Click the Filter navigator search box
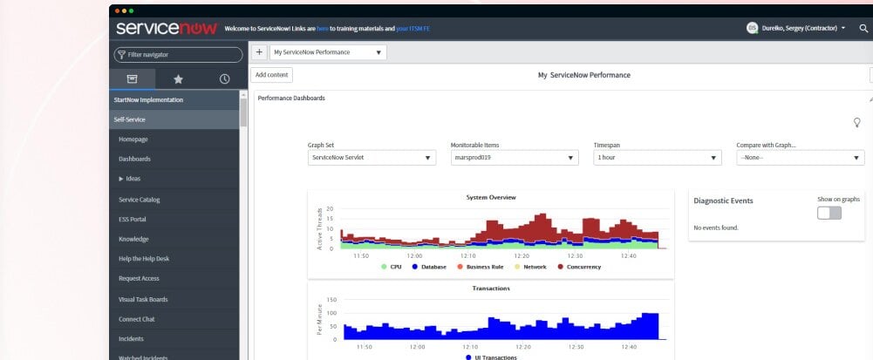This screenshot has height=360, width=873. [x=178, y=54]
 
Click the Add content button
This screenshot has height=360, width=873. [x=271, y=75]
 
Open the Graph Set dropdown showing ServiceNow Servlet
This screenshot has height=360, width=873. [x=372, y=158]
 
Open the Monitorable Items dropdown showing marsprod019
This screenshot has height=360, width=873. [x=514, y=158]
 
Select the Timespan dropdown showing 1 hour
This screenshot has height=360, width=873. [x=657, y=158]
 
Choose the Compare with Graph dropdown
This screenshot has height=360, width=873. [x=800, y=158]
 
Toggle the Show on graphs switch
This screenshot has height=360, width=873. [x=829, y=214]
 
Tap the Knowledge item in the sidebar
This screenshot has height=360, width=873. [x=133, y=239]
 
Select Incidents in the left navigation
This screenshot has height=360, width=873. [x=131, y=338]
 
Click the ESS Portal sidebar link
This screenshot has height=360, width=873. [x=133, y=219]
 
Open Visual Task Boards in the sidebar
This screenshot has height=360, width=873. [x=143, y=299]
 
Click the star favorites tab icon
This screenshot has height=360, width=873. [x=178, y=78]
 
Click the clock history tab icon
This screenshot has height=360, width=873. [x=224, y=78]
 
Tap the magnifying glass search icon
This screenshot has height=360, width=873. [x=863, y=28]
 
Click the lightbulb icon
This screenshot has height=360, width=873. [x=856, y=122]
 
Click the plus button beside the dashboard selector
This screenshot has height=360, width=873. [x=259, y=52]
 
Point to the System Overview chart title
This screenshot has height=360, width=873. [x=491, y=197]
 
